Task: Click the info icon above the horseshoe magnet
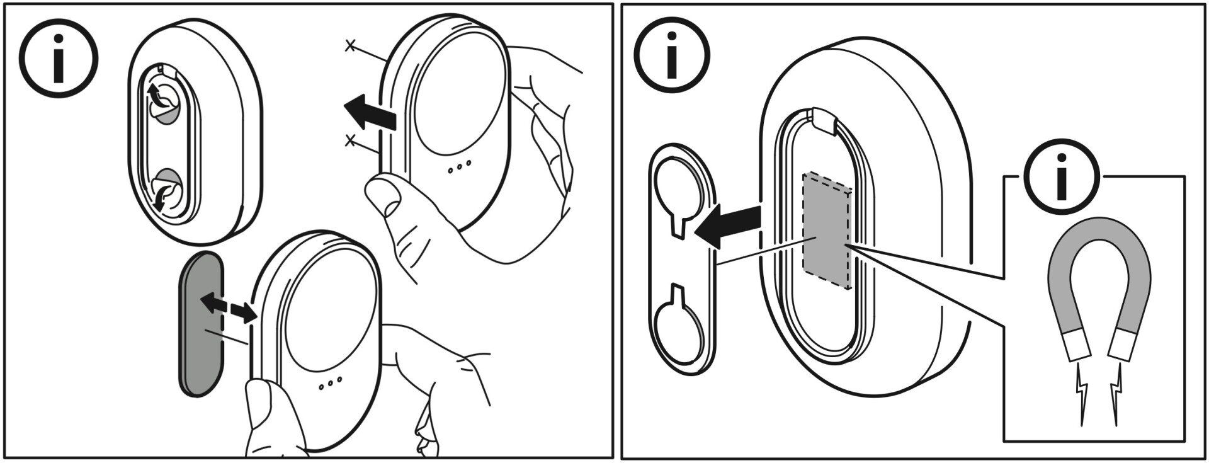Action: tap(1062, 176)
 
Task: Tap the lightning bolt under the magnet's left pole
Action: tap(1080, 401)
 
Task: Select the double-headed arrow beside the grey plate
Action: tap(227, 307)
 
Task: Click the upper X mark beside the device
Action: tap(351, 45)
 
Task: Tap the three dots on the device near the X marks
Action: tap(459, 169)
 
